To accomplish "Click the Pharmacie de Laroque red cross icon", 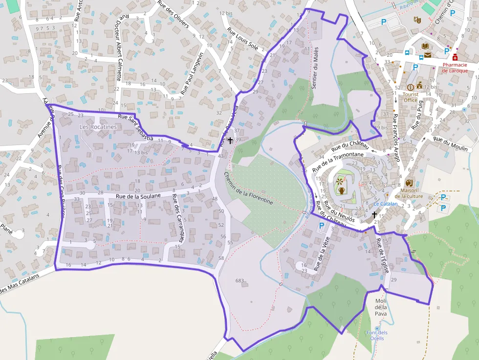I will click(455, 57).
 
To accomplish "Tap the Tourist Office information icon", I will click(410, 87).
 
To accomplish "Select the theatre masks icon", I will click(417, 20).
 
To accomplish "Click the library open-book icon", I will click(425, 46).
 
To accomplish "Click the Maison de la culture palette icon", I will click(409, 182).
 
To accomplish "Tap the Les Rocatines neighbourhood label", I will click(98, 127).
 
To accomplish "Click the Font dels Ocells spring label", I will click(377, 336).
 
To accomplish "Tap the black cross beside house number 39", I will click(230, 140).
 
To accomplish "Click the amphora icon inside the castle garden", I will click(342, 191).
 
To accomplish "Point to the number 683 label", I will click(239, 280).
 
